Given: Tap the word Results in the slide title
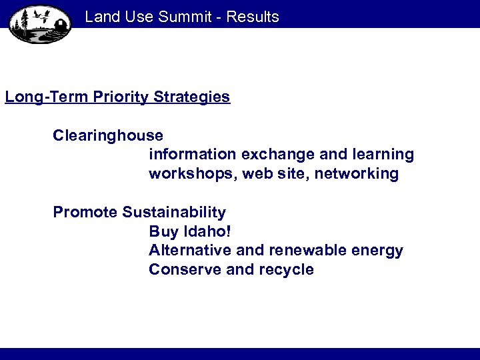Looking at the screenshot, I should (x=253, y=17).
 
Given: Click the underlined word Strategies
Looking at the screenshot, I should (x=192, y=97).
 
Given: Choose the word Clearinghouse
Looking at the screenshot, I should (x=108, y=135).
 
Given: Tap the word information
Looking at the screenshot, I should (x=192, y=155).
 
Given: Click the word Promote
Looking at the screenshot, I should (x=85, y=213).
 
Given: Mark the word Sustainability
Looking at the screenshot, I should (x=174, y=213).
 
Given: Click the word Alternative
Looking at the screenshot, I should (x=189, y=251).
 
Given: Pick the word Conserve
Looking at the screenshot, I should (x=180, y=270).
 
